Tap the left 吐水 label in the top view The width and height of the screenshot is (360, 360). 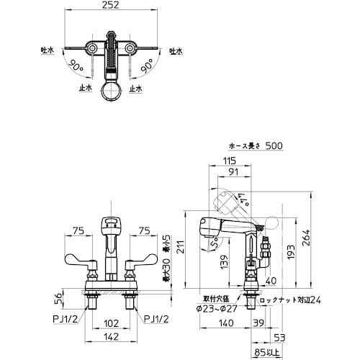tap(48, 51)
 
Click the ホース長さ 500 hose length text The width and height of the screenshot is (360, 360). tap(254, 146)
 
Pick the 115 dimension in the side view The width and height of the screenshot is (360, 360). tap(230, 160)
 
